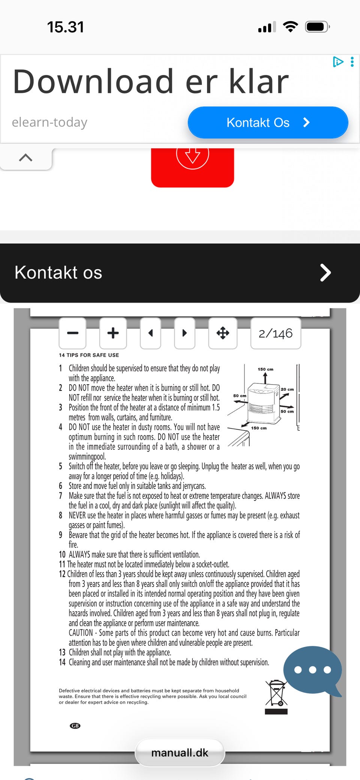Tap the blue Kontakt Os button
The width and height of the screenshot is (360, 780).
tap(268, 123)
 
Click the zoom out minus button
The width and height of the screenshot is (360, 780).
tap(72, 333)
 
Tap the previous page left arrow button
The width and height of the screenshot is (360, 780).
tap(150, 333)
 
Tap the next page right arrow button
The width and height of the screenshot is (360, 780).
tap(184, 333)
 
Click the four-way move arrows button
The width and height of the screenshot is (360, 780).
tap(223, 333)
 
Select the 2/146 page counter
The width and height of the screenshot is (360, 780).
tap(276, 333)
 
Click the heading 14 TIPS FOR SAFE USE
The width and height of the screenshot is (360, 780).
tap(89, 355)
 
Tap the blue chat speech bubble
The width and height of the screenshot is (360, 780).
tap(312, 670)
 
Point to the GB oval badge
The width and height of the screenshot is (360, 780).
tap(75, 726)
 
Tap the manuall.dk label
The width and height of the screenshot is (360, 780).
tap(180, 753)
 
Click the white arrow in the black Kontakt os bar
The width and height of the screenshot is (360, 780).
tap(325, 272)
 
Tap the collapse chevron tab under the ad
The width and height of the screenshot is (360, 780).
tap(25, 158)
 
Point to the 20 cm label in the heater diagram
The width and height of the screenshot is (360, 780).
tap(287, 389)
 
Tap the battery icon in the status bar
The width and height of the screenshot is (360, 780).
tap(317, 27)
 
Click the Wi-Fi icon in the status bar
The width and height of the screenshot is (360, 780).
tap(290, 27)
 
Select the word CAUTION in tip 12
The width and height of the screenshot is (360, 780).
tap(81, 633)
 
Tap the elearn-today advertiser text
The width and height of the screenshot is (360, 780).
tap(49, 122)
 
